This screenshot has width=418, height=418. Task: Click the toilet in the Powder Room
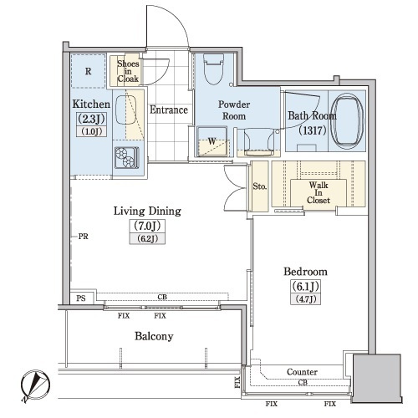[x=214, y=69]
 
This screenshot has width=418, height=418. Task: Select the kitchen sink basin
[x=125, y=110]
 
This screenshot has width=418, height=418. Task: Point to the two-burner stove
[x=127, y=158]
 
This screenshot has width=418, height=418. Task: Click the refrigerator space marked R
[x=89, y=71]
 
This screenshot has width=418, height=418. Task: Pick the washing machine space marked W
[x=212, y=141]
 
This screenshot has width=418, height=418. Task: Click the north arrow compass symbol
[x=35, y=386]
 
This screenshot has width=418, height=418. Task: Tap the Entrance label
[x=169, y=110]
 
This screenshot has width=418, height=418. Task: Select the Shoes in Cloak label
[x=128, y=71]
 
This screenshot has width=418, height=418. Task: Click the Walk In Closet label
[x=319, y=192]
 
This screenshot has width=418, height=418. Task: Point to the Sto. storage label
[x=260, y=186]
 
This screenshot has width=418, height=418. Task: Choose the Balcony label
[x=154, y=336]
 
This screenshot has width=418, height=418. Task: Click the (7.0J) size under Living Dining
[x=147, y=226]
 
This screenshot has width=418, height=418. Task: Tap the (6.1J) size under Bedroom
[x=305, y=286]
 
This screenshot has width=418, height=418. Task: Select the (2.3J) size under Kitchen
[x=91, y=120]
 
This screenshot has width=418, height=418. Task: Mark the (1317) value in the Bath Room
[x=313, y=130]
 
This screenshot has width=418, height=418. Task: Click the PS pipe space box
[x=81, y=298]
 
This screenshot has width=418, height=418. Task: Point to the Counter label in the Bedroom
[x=302, y=372]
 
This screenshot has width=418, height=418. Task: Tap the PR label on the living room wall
[x=83, y=237]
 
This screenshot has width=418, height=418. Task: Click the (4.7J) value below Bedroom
[x=305, y=299]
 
